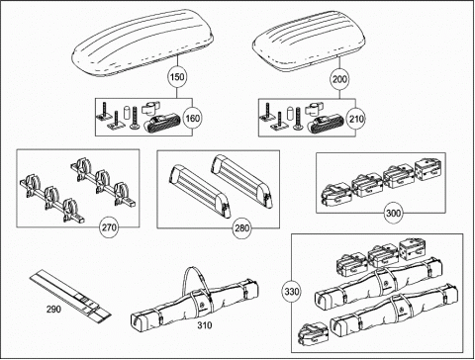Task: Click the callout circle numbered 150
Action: tap(177, 77)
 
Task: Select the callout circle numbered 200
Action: tap(339, 79)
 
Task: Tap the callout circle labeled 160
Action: tap(192, 119)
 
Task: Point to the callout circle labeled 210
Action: tap(356, 119)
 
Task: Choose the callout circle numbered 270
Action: tap(109, 227)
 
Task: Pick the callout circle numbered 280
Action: tap(241, 227)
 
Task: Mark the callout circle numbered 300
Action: tap(393, 213)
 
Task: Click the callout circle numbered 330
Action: tap(292, 292)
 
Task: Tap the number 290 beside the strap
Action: tap(53, 309)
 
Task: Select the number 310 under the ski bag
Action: tap(205, 325)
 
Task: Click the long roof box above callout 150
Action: tap(142, 42)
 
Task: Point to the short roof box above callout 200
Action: tap(309, 41)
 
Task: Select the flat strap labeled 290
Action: tap(70, 296)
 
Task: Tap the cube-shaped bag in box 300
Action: tap(427, 168)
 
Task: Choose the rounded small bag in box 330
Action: tap(314, 333)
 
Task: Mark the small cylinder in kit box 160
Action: tap(128, 112)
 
